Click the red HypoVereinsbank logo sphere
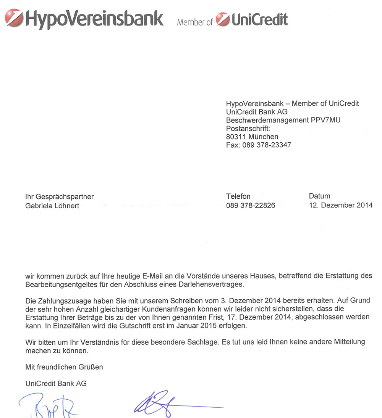coord(14,18)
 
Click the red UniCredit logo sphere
coord(223,19)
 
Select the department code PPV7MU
coord(325,121)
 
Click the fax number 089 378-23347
coord(267,145)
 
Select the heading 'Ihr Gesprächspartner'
coord(59,197)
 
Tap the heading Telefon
coord(238,196)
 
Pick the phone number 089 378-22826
coord(251,206)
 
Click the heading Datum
coord(319,196)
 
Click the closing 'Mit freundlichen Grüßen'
coord(64,367)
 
